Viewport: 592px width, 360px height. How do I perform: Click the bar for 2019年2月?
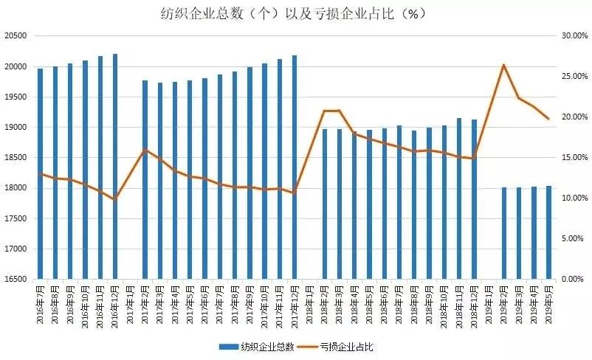coord(504,233)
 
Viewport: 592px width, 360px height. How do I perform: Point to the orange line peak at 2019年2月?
coord(503,65)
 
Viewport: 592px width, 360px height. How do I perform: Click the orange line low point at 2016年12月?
coord(115,199)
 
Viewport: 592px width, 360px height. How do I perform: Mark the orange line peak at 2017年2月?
coord(145,150)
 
